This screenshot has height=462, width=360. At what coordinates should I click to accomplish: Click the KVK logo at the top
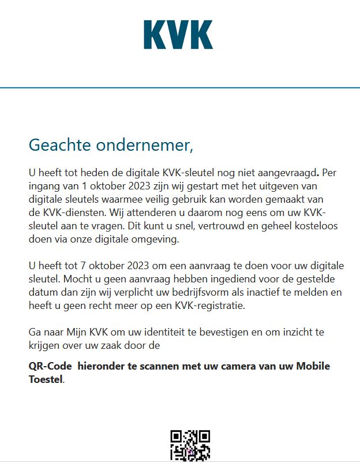pos(178,35)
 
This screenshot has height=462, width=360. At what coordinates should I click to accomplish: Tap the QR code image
pos(190,445)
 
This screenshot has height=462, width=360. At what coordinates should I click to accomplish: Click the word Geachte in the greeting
pos(55,145)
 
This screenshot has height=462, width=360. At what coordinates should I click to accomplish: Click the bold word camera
pos(247,366)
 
